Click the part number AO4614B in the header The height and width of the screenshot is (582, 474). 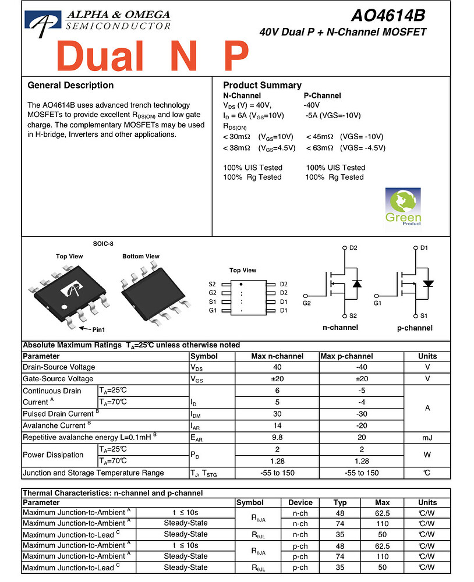(388, 15)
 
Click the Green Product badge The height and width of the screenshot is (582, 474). (403, 207)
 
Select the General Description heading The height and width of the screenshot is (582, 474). (70, 86)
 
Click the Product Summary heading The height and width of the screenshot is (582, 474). (262, 86)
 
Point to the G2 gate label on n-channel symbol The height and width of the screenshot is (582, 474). (307, 303)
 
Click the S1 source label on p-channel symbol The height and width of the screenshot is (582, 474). (424, 315)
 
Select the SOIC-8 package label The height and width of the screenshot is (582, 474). (102, 243)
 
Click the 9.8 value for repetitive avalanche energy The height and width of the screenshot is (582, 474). (277, 437)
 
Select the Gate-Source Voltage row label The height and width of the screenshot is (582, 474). (58, 379)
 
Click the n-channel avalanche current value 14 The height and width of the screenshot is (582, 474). (277, 425)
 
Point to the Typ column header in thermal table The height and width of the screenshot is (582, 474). (340, 502)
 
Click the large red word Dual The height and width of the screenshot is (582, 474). (100, 56)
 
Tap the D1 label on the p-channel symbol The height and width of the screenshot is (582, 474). (424, 248)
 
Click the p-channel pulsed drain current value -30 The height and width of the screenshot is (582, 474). (361, 414)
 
